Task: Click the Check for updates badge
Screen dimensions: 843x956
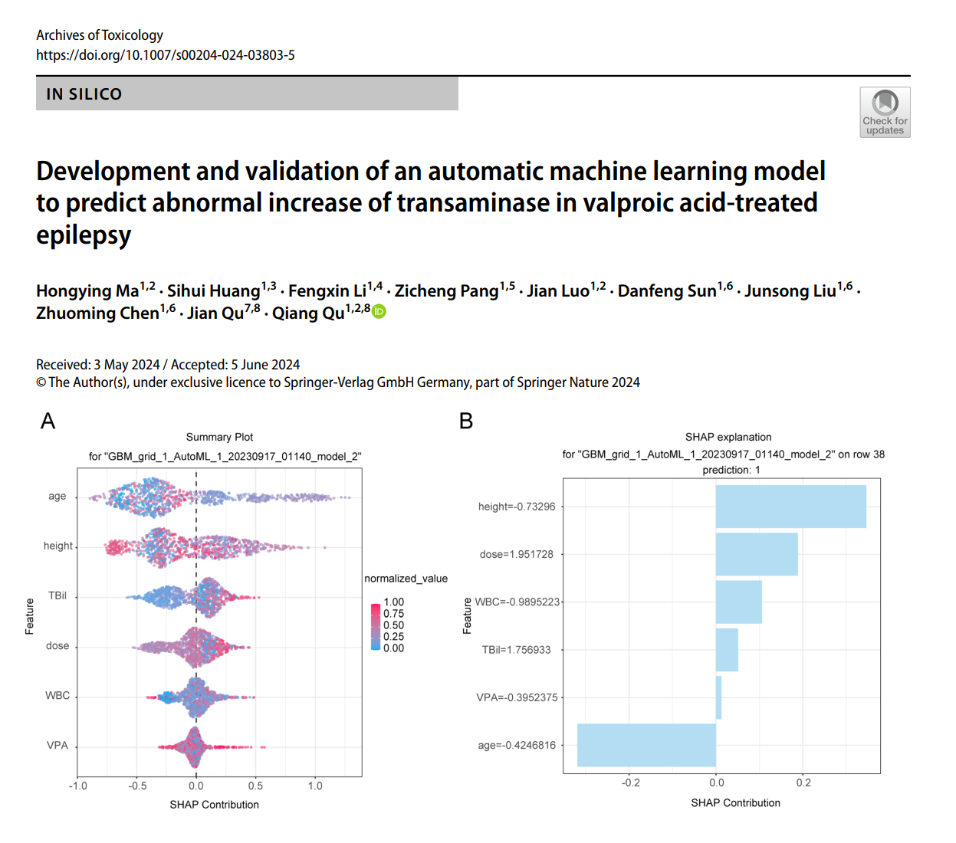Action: click(885, 112)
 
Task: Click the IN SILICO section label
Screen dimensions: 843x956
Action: click(84, 94)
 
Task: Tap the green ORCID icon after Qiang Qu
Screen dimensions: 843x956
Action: click(379, 311)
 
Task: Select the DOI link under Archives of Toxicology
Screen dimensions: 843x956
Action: click(166, 55)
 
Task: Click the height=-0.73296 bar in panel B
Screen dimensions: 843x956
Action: click(790, 507)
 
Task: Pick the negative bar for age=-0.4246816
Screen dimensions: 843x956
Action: click(646, 745)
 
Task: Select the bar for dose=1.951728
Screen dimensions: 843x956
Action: click(756, 554)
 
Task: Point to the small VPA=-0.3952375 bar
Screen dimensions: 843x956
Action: click(718, 697)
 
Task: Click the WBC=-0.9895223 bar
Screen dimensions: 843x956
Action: click(738, 602)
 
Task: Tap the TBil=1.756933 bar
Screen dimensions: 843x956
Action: click(727, 650)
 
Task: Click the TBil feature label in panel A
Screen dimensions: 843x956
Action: click(57, 595)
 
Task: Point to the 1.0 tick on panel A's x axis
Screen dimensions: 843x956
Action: click(315, 786)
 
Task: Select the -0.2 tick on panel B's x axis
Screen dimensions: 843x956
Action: click(630, 782)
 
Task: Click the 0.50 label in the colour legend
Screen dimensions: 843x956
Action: click(393, 625)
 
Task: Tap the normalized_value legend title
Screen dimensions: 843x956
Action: click(406, 579)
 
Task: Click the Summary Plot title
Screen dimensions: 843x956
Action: click(219, 437)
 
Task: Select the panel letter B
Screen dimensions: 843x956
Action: click(466, 421)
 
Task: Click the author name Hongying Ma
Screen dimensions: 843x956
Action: click(87, 291)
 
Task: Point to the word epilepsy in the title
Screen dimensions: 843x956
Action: click(84, 235)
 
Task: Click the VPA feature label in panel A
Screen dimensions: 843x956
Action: click(57, 745)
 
